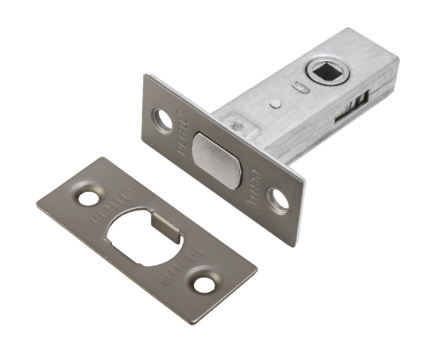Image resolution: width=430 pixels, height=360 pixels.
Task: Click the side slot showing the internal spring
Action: pos(353,108)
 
